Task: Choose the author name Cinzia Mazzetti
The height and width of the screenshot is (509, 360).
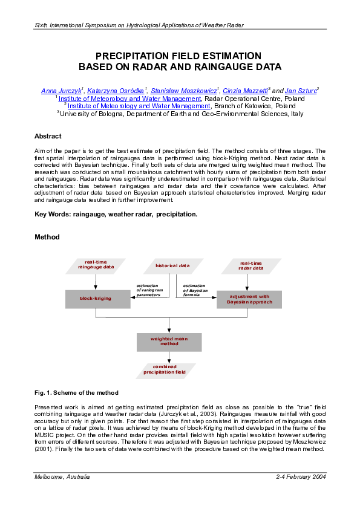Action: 244,91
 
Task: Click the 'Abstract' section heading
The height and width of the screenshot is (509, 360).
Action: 48,136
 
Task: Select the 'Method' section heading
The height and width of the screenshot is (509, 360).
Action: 47,237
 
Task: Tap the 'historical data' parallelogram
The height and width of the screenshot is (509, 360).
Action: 172,265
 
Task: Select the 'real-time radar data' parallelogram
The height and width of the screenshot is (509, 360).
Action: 250,265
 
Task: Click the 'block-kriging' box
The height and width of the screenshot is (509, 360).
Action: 95,299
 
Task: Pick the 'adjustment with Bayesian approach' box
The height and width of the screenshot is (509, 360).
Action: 249,299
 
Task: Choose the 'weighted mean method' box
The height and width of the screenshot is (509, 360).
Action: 168,342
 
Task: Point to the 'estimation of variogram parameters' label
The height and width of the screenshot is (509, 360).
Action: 149,290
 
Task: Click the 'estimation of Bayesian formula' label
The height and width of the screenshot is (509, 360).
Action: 195,290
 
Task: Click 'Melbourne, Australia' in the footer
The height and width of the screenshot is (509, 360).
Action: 62,477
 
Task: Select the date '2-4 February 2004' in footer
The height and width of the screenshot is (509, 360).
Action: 301,477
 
